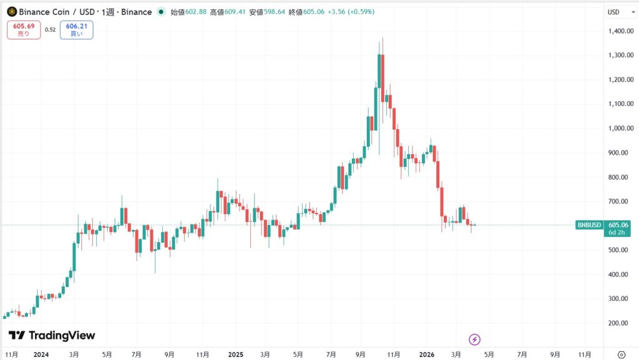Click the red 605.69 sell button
22,30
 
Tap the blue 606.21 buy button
77,30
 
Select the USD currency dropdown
617,12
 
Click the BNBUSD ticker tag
589,225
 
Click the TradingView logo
52,336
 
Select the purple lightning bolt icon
475,339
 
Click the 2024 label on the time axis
42,354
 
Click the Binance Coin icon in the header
11,12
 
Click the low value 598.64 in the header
274,12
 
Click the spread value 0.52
51,30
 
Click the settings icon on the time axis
622,354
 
